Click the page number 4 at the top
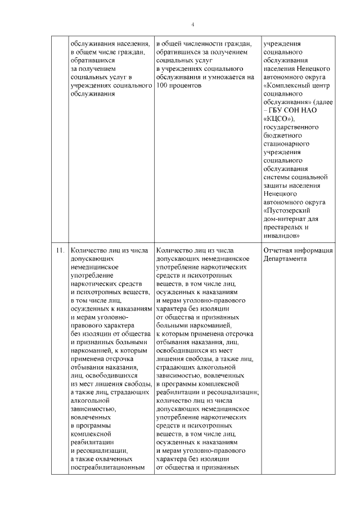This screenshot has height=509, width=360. (192, 25)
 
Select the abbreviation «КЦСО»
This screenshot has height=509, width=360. (278, 119)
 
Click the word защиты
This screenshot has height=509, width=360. (274, 186)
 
